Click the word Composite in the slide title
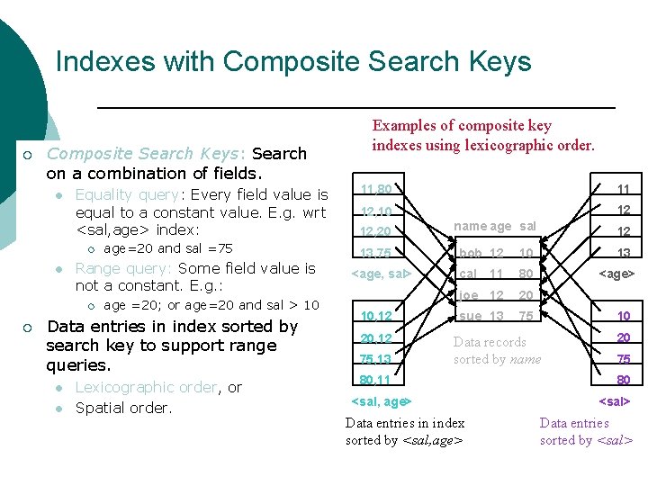coord(279,62)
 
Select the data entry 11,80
coord(375,189)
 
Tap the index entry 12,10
coord(375,211)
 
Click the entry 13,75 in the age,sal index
coord(375,253)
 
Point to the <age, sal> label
coord(380,273)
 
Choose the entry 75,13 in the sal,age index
coord(375,359)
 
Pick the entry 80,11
coord(375,381)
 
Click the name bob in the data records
coord(470,253)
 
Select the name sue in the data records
coord(470,316)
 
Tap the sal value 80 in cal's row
coord(526,274)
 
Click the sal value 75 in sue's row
coord(526,316)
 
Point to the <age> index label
coord(617,273)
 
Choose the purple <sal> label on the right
coord(615,400)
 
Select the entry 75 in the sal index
coord(623,358)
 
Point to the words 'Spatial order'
coord(122,408)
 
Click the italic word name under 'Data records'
coord(525,359)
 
